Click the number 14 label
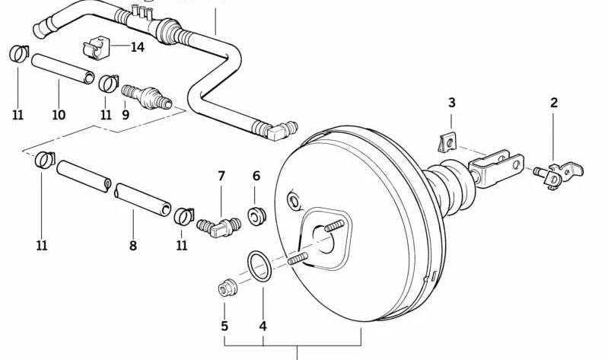(x=137, y=47)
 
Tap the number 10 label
(x=59, y=115)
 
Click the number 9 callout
(x=126, y=115)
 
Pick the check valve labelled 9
(x=146, y=97)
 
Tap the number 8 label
(x=133, y=245)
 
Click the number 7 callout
(x=221, y=176)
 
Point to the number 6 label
(x=256, y=176)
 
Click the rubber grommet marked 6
(x=256, y=216)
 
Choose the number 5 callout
(x=224, y=327)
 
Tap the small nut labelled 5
(x=226, y=289)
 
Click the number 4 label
(x=263, y=327)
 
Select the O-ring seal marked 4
(x=260, y=267)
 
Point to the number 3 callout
(x=451, y=102)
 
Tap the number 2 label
(x=554, y=102)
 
